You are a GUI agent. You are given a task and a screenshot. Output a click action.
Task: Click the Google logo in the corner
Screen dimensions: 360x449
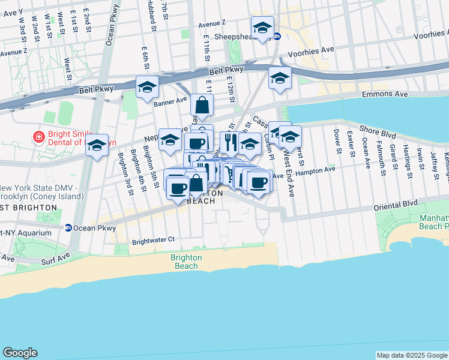click(20, 353)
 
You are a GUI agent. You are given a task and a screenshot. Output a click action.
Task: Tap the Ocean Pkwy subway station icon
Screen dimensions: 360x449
click(69, 228)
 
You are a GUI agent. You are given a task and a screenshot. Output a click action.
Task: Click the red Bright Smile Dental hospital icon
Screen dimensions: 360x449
click(39, 137)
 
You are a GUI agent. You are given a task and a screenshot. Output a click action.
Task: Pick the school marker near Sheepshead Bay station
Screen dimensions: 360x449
click(262, 28)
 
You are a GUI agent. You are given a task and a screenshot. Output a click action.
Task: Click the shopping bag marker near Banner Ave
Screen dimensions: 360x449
click(202, 106)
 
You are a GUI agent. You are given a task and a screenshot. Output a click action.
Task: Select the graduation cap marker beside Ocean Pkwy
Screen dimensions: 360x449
click(97, 146)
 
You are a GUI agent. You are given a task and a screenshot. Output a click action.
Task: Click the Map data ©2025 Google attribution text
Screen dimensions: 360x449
click(412, 355)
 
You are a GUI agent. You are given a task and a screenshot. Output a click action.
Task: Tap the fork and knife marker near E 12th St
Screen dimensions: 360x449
click(228, 142)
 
